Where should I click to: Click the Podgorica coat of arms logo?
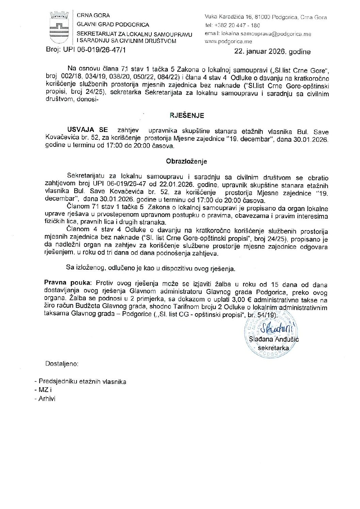point(59,27)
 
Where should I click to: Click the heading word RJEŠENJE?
point(187,116)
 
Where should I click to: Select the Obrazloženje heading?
point(186,162)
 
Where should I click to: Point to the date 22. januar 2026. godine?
point(272,52)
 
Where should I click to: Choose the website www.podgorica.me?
point(228,41)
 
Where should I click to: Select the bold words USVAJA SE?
point(87,130)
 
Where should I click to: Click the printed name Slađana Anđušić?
point(274,339)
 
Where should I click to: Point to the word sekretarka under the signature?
point(273,348)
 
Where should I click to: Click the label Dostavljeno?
point(62,364)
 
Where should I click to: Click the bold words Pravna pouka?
point(67,283)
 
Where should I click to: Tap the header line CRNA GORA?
point(93,16)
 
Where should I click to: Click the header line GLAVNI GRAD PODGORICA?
point(113,25)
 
